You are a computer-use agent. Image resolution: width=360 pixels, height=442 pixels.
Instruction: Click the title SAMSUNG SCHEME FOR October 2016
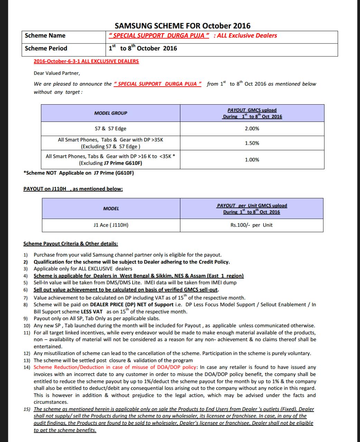[x=182, y=26]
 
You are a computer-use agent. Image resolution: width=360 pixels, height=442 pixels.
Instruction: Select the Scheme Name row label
[x=45, y=36]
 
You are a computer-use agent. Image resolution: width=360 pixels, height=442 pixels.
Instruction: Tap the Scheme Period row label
[x=46, y=48]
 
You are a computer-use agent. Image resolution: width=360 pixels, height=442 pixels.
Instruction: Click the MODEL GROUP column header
[x=111, y=113]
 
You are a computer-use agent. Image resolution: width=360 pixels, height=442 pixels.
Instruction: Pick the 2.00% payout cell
[x=252, y=128]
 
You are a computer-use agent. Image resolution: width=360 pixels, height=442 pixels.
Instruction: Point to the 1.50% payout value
[x=252, y=143]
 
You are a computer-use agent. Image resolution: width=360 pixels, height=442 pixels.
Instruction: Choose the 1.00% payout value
[x=252, y=160]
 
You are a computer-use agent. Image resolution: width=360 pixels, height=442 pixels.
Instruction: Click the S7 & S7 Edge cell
[x=111, y=128]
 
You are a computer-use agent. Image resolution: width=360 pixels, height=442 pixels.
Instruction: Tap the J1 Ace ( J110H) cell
[x=111, y=225]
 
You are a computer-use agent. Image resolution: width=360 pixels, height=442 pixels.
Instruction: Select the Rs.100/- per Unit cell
[x=252, y=225]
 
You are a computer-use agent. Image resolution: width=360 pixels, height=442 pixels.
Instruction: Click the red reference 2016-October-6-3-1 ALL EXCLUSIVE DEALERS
[x=86, y=61]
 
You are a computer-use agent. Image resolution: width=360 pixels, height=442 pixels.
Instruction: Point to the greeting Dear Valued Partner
[x=57, y=73]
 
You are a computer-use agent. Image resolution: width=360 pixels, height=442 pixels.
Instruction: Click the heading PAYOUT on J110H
[x=73, y=189]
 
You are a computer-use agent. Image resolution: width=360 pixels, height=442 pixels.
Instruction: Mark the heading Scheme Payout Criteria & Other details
[x=70, y=244]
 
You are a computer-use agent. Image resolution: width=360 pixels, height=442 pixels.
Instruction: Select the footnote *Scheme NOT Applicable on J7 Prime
[x=78, y=173]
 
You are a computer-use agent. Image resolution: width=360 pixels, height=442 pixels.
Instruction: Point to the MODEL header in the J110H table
[x=111, y=209]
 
